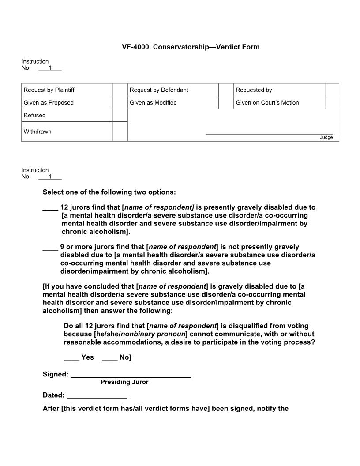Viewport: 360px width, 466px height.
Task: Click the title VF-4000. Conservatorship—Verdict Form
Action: [x=191, y=47]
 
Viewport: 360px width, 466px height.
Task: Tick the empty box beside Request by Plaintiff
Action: [x=120, y=90]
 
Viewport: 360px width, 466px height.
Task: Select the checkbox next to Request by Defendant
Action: [x=225, y=90]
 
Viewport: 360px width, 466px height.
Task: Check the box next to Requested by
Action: [x=332, y=90]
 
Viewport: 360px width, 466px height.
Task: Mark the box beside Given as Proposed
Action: [x=120, y=102]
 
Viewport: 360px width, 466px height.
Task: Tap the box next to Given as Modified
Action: [x=225, y=102]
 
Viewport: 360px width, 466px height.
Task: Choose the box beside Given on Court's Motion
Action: [x=332, y=102]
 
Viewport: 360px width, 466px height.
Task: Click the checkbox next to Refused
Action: [x=120, y=115]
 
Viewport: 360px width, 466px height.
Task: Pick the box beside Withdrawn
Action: [x=120, y=132]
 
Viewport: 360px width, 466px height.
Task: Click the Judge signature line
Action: [x=269, y=133]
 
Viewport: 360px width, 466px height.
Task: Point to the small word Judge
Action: [x=326, y=137]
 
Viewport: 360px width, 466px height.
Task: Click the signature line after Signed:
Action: [x=131, y=376]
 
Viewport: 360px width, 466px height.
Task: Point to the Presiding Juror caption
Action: [x=124, y=382]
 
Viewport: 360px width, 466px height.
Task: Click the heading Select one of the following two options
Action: [x=109, y=192]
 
